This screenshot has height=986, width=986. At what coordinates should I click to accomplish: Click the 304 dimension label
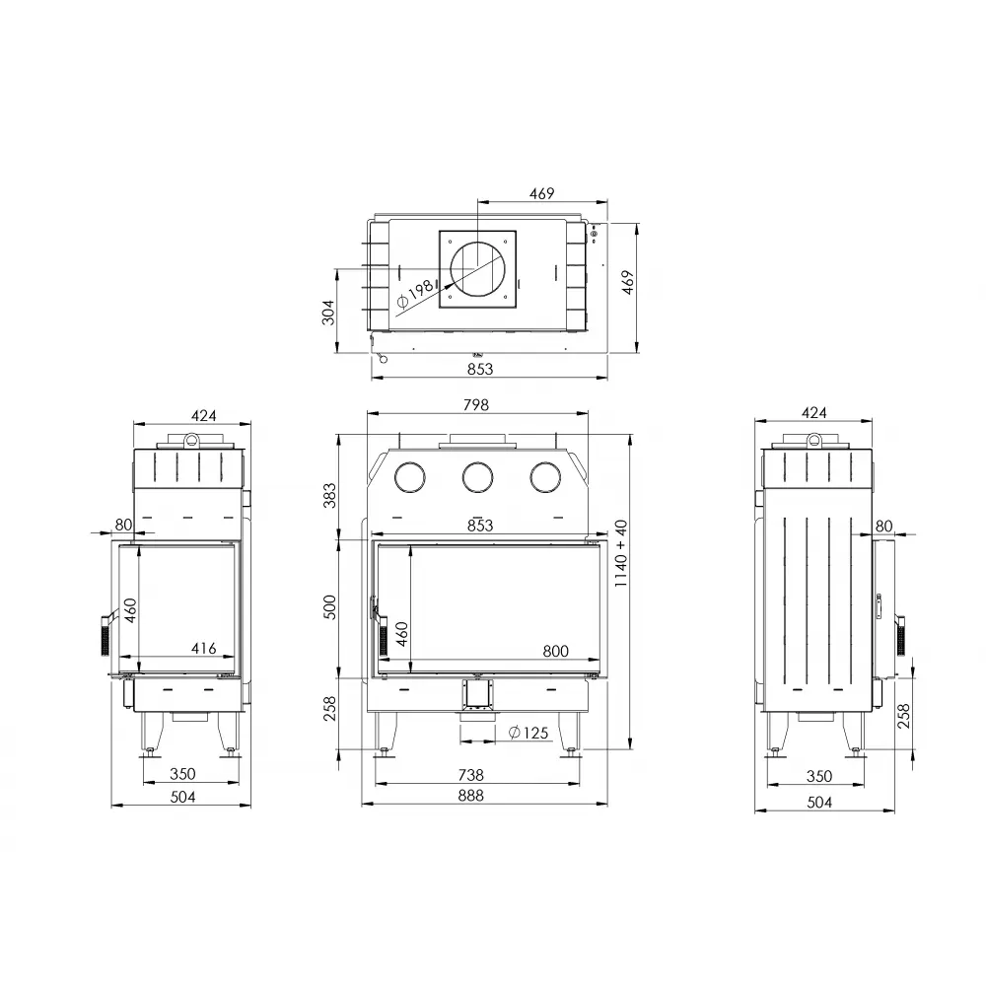pos(329,311)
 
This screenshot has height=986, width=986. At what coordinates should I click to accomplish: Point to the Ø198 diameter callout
pos(412,292)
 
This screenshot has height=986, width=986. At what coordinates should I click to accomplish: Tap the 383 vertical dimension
pos(330,495)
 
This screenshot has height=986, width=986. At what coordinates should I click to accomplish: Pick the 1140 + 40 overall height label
pos(620,555)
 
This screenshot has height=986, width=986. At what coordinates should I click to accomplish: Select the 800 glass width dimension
pos(556,650)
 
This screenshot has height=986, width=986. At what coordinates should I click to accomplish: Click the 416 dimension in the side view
pos(203,648)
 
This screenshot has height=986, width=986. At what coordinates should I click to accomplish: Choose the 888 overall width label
pos(471,796)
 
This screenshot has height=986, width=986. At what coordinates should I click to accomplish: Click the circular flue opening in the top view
pos(477,269)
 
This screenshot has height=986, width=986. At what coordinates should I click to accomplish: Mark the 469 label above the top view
pos(541,192)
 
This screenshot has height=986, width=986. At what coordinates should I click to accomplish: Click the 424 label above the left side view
pos(202,415)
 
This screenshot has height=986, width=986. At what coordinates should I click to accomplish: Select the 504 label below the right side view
pos(819,803)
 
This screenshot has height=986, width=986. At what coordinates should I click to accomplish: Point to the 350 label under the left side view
pos(182,774)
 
